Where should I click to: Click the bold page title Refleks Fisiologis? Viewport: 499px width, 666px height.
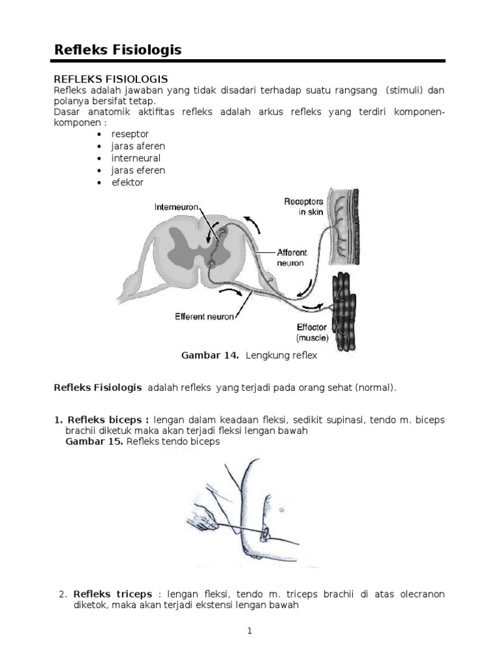[117, 49]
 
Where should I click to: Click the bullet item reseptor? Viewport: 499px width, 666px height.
[130, 133]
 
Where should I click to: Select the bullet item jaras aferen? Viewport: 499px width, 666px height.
[138, 146]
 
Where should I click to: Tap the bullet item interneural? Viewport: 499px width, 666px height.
[136, 158]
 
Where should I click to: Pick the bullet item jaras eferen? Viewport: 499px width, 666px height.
[138, 170]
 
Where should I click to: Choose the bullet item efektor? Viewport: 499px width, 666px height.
[127, 183]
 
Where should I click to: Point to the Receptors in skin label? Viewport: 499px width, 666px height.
[303, 207]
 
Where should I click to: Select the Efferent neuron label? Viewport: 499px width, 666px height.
[204, 317]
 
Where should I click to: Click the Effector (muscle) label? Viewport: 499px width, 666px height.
[313, 333]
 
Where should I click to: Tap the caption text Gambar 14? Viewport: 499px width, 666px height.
[209, 355]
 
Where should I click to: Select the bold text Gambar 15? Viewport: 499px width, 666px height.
[95, 442]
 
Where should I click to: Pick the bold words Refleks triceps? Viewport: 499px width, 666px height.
[112, 594]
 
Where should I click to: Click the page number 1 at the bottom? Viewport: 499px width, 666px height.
[249, 630]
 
